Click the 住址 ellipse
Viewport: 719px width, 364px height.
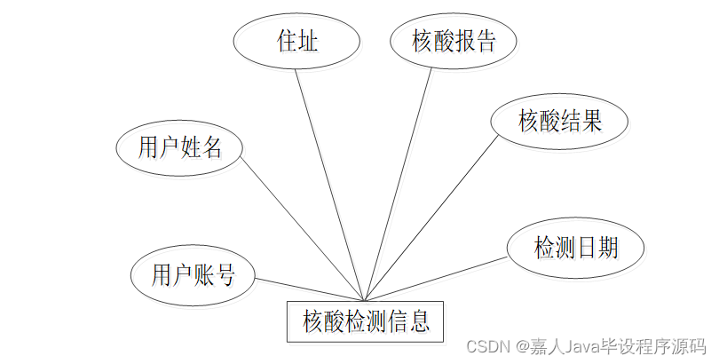tap(296, 41)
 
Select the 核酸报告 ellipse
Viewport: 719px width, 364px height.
tap(453, 41)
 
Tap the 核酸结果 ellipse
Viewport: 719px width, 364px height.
tap(560, 120)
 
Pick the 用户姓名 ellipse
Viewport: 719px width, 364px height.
tap(180, 147)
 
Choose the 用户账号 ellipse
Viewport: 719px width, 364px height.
tap(194, 274)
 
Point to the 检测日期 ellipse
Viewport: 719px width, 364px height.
tap(575, 247)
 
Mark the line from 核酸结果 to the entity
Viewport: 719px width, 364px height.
tap(430, 218)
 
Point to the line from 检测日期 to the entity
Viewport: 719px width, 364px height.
tap(435, 280)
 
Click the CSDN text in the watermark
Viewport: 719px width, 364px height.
tap(486, 344)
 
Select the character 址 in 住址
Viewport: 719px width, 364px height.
tap(309, 41)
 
